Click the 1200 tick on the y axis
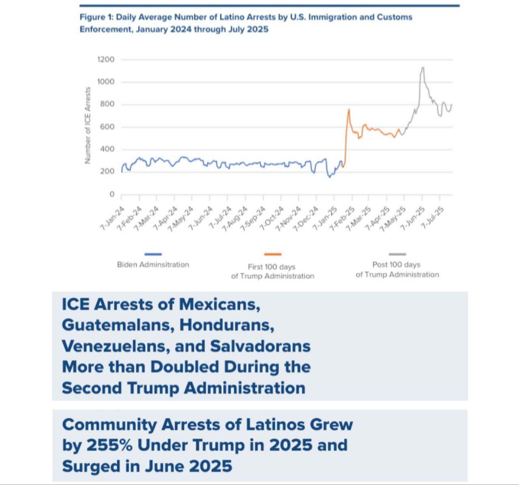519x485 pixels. point(106,60)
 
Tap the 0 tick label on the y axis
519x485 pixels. point(112,194)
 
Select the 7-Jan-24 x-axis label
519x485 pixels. point(112,219)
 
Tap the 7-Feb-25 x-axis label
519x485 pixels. point(342,219)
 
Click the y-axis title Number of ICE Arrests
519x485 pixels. point(87,126)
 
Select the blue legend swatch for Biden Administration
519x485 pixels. point(153,254)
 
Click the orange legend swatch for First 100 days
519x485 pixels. point(272,254)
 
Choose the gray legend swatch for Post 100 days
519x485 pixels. point(397,254)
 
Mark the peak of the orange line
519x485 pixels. point(349,109)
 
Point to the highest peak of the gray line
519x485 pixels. point(423,68)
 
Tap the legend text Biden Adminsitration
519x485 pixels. point(153,264)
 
